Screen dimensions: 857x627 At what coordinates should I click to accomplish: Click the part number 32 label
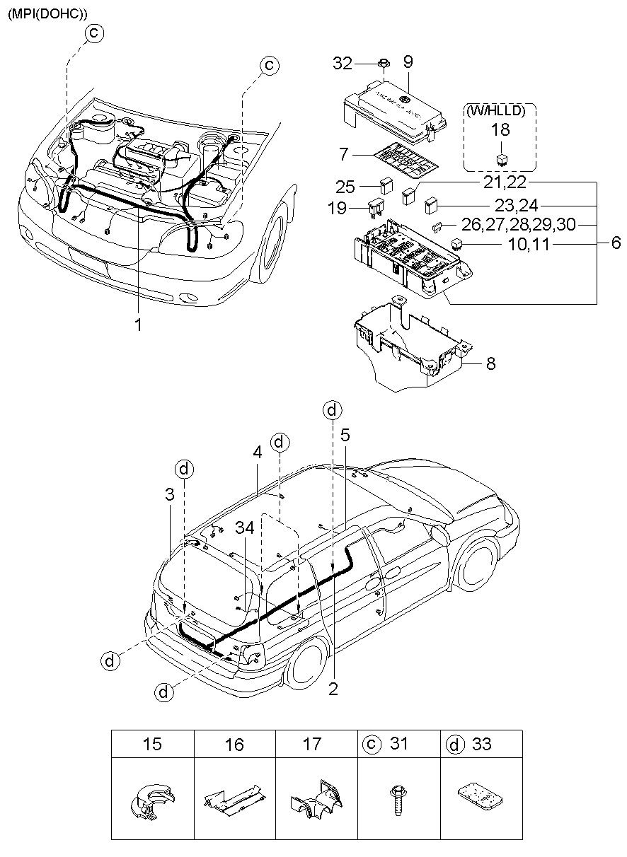(x=343, y=64)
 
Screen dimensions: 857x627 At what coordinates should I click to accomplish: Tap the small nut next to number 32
(x=382, y=64)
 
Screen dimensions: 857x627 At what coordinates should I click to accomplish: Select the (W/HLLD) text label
(x=500, y=110)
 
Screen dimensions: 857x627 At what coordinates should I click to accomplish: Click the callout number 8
(x=490, y=364)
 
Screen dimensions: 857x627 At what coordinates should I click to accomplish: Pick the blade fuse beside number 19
(x=376, y=209)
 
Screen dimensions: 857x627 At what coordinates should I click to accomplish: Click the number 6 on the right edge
(x=615, y=243)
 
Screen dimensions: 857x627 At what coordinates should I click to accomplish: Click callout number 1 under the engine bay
(x=139, y=327)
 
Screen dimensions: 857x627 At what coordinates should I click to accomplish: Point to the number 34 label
(x=245, y=527)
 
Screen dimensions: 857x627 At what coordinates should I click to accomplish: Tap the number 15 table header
(x=152, y=744)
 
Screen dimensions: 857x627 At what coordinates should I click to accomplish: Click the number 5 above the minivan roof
(x=345, y=436)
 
